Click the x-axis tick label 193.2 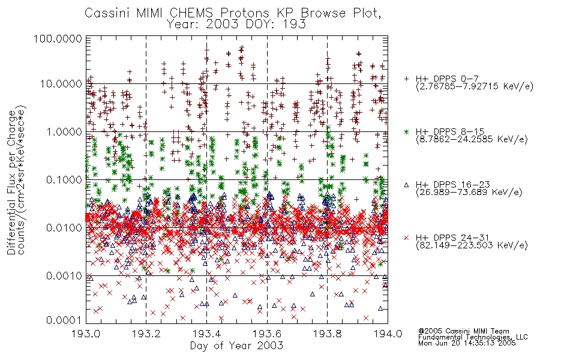146,334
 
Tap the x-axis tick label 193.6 267,334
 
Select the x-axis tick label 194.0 388,334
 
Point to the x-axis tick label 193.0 86,334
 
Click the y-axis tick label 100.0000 58,38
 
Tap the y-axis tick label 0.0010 64,276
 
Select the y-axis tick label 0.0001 64,320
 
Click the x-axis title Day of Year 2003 236,346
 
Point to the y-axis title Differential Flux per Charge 12,182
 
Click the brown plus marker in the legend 406,79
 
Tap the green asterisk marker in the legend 406,131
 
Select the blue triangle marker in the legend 406,185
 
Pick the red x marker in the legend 406,238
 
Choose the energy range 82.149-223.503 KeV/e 472,245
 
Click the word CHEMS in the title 192,13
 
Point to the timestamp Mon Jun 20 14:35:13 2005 467,343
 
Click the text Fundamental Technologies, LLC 473,337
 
